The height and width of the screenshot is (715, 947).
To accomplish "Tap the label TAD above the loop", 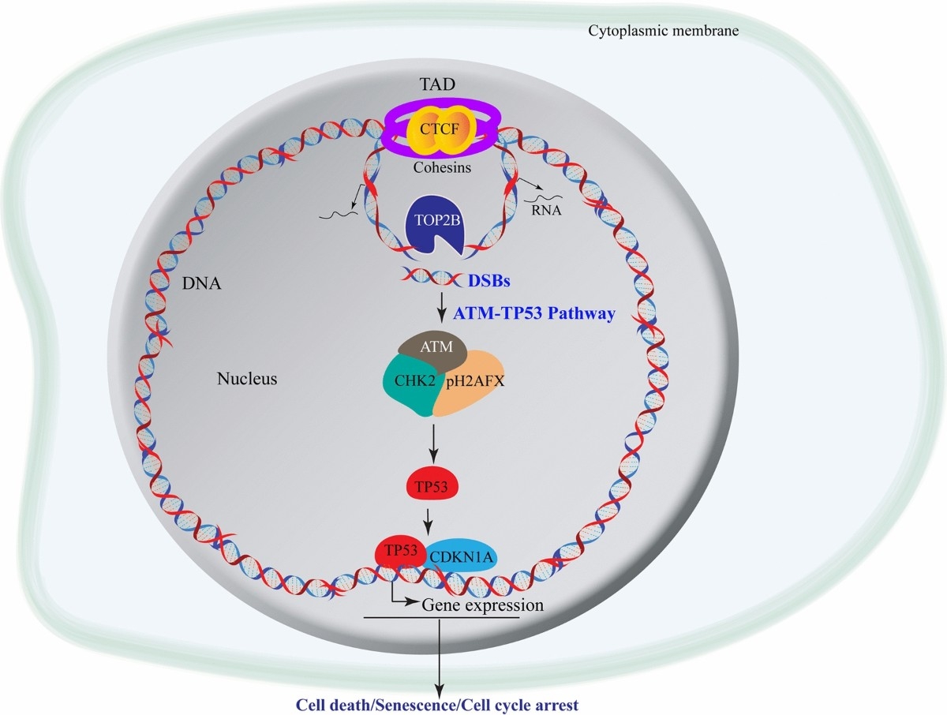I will [436, 82].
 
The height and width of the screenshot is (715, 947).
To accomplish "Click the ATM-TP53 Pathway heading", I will [534, 313].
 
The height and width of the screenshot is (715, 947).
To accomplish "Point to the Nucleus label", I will [247, 379].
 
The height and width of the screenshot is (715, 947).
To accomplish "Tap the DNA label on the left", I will [201, 283].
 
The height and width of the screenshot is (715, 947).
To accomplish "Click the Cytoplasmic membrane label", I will [664, 31].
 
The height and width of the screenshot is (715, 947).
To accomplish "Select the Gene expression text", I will [483, 605].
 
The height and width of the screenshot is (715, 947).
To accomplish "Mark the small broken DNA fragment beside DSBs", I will [430, 277].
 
